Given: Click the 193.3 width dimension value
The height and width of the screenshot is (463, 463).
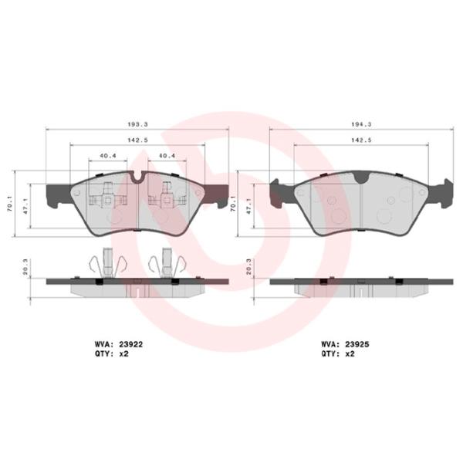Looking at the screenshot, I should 138,123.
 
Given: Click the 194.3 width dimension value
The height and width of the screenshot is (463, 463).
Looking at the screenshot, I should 360,123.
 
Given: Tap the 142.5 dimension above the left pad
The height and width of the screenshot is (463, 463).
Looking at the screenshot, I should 138,140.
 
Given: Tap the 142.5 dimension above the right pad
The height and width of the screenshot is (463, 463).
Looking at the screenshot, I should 360,140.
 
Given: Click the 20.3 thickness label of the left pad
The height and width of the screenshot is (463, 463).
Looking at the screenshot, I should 25,269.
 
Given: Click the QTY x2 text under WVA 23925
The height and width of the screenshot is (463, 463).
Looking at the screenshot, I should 337,355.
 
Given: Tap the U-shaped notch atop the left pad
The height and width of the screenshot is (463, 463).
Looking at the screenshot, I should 137,178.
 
